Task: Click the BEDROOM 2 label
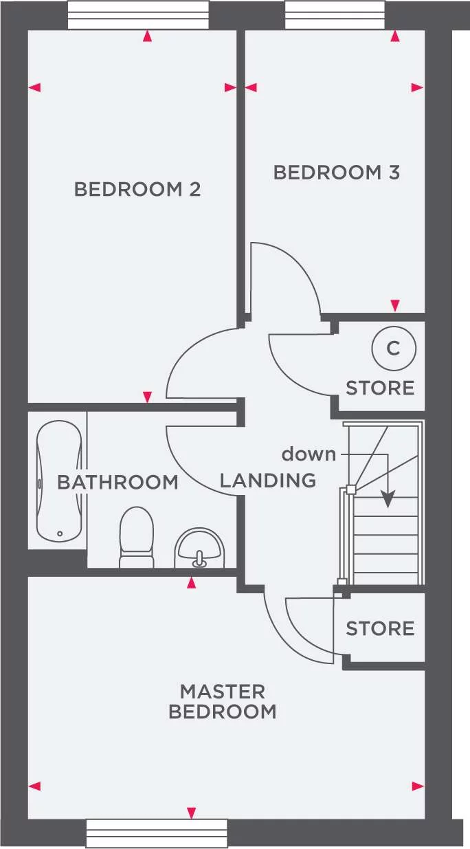[x=137, y=189]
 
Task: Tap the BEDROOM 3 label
[x=337, y=173]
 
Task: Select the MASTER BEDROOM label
[x=222, y=701]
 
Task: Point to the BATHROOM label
[x=117, y=482]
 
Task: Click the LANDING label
[x=268, y=480]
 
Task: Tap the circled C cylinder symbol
[x=393, y=349]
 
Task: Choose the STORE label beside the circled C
[x=380, y=388]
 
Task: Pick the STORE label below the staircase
[x=380, y=628]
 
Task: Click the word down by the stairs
[x=309, y=454]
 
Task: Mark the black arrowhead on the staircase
[x=389, y=500]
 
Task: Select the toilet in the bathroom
[x=135, y=538]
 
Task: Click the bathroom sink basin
[x=199, y=548]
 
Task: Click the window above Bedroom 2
[x=138, y=14]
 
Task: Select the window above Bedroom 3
[x=335, y=14]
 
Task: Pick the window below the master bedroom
[x=157, y=833]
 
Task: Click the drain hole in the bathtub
[x=60, y=533]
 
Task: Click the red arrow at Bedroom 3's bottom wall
[x=394, y=305]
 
